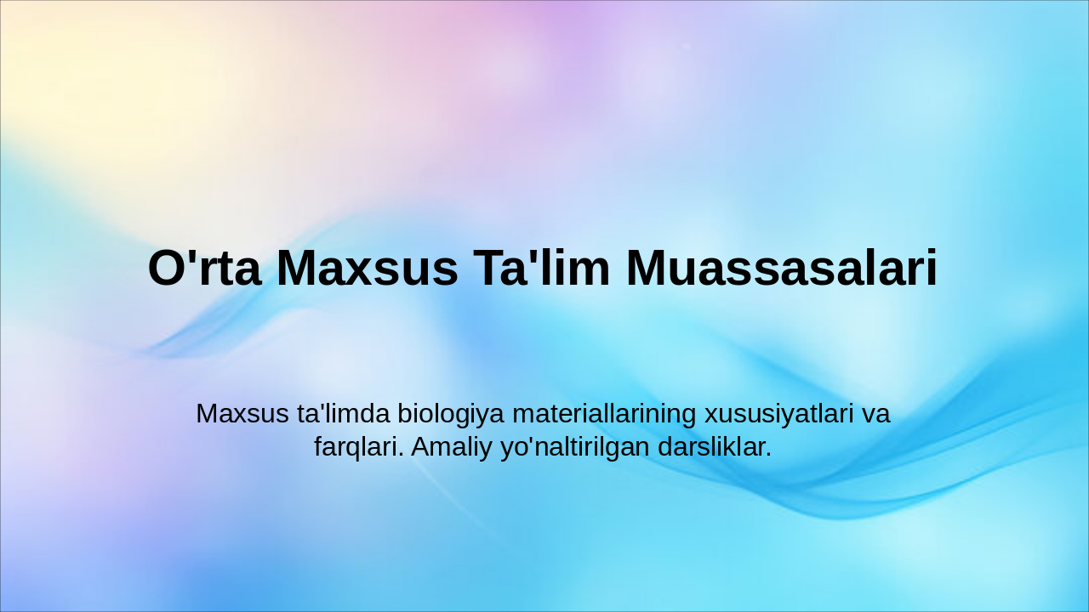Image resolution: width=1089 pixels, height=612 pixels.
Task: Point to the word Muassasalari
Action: [x=782, y=269]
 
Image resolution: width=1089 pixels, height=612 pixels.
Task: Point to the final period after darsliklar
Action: [x=768, y=456]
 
